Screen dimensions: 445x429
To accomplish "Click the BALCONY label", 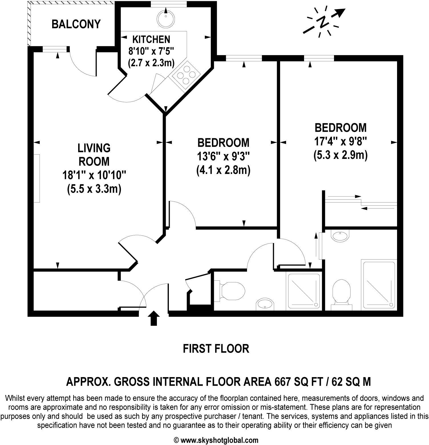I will coord(76,24).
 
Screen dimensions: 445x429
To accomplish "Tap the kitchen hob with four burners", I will coord(184,74).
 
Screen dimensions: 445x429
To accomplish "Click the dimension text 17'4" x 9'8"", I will coord(340,141).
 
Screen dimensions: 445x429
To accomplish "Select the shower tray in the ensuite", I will coord(379,284).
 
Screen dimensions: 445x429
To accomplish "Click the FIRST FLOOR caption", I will coord(216,348).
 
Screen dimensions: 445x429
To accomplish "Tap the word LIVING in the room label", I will coord(94,148).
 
